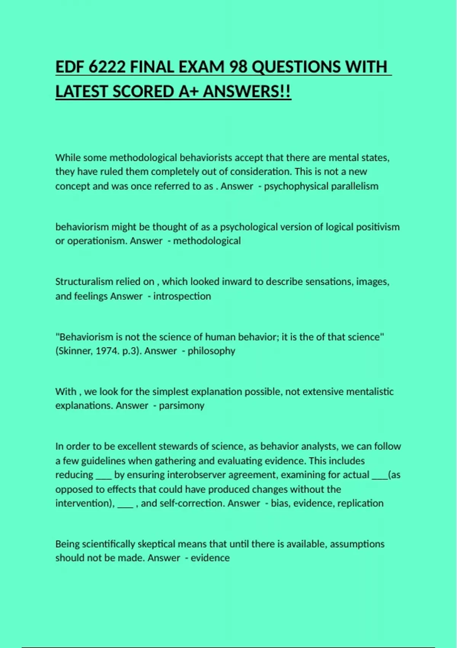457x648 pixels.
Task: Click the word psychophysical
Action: point(296,186)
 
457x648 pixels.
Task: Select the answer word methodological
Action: point(207,241)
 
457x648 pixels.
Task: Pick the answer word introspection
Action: point(182,296)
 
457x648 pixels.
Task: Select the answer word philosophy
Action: point(211,351)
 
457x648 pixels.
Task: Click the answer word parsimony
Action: point(182,406)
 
